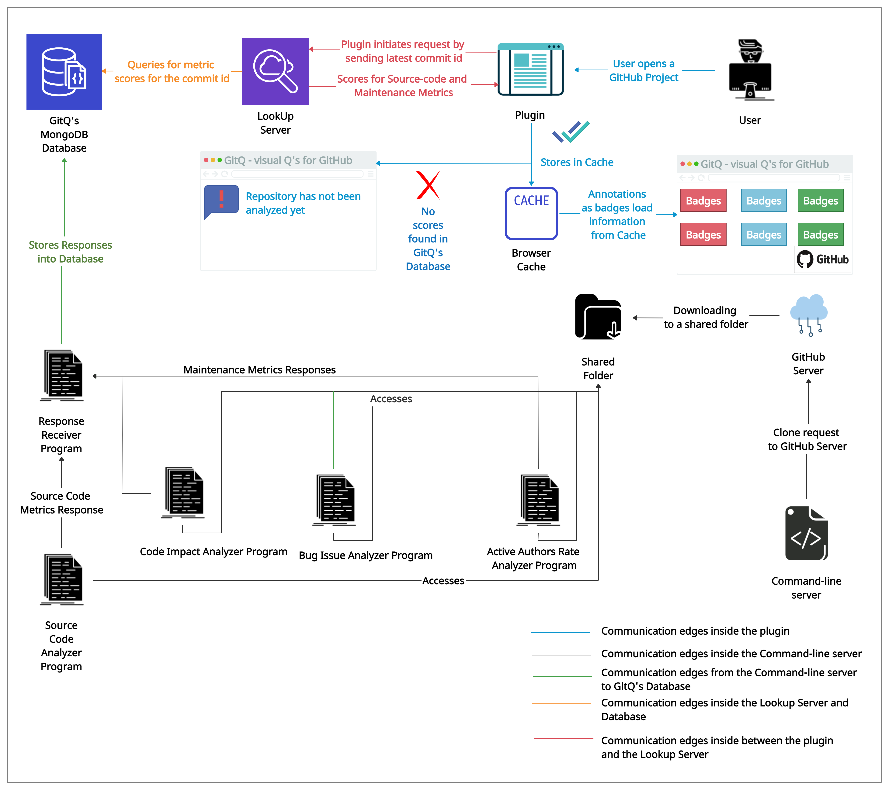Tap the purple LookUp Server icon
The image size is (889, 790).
275,71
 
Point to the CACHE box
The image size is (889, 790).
531,213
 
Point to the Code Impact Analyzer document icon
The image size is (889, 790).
184,493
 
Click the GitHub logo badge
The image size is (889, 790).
822,259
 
